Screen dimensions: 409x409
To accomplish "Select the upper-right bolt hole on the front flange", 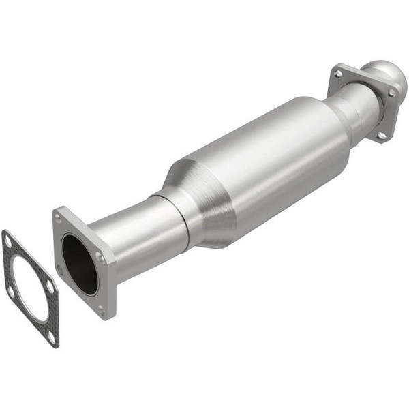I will coord(100,257).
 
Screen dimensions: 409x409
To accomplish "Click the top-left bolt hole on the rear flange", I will coord(337,72).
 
